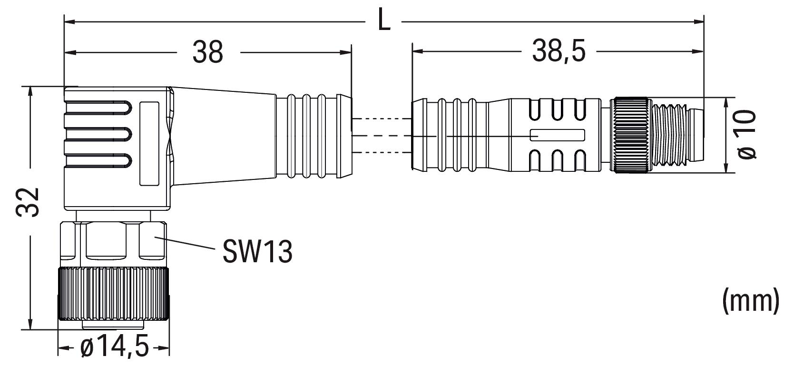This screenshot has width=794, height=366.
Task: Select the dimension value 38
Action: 208,52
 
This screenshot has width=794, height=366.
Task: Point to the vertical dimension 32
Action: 28,202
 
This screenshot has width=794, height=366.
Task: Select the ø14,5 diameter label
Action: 115,348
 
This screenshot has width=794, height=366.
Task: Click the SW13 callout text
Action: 257,252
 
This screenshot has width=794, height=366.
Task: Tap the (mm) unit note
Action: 751,301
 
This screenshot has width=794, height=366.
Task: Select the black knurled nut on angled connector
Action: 114,295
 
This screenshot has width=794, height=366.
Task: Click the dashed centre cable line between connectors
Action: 381,136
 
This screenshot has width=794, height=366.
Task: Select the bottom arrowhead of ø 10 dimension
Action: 726,169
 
